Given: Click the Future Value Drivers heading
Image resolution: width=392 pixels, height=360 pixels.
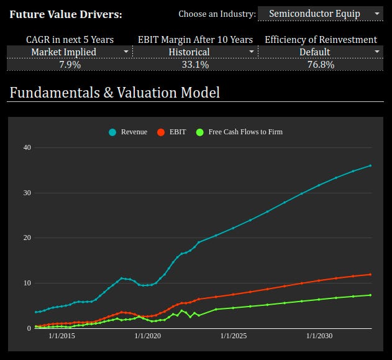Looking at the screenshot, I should pos(66,14).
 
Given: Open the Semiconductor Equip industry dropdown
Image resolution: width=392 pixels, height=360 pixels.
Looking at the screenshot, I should pos(320,14).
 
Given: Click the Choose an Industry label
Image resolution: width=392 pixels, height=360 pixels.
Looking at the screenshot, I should pos(217,14).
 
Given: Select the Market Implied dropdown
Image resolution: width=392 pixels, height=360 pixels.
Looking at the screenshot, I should pos(70,52).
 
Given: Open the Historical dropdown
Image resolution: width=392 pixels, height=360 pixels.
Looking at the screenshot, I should pos(194,52).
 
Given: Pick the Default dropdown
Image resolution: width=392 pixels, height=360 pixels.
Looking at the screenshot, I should pos(321,52).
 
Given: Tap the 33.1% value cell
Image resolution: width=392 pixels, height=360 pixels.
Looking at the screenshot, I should pos(194,65).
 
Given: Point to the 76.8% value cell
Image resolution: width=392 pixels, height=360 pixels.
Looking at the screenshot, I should pos(321,65).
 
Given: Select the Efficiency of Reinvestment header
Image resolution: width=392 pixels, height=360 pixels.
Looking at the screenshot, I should pos(321,40).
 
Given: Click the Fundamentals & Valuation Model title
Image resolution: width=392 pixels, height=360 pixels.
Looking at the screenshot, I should pos(114,93).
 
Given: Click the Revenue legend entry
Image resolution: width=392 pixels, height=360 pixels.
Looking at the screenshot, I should pos(129,132).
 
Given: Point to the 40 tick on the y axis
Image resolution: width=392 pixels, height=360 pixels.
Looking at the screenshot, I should pos(27,147).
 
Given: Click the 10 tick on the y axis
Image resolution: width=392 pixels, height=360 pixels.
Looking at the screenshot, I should pos(27,283).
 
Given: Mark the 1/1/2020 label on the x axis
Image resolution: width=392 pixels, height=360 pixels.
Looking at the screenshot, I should pos(147,336).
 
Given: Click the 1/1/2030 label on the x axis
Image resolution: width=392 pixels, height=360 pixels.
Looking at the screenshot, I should pos(319,336).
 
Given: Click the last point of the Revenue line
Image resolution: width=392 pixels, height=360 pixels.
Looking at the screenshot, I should pos(371,165).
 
